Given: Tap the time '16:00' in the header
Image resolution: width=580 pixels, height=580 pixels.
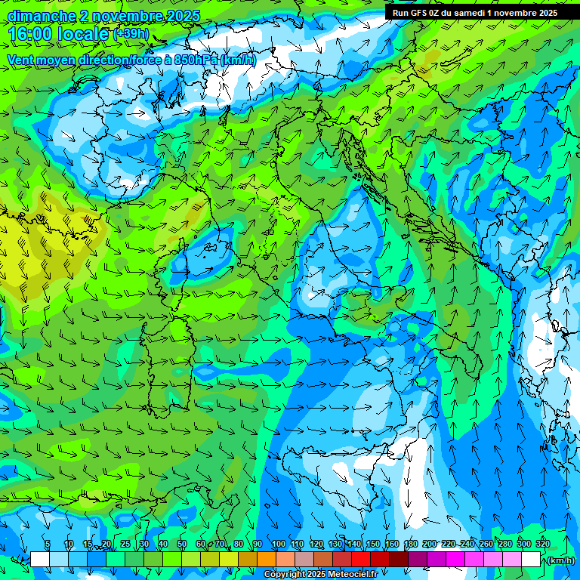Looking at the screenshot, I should tap(35, 34).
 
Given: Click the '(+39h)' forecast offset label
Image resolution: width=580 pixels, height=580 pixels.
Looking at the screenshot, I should tap(131, 34).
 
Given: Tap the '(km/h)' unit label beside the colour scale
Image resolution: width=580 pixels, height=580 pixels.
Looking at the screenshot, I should tap(560, 560).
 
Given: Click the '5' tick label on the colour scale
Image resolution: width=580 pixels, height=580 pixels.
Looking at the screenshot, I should tap(48, 545).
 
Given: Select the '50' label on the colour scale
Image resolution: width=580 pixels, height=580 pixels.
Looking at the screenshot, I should tap(182, 545).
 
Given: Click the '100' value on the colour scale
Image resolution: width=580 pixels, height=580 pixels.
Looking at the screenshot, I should tap(278, 545).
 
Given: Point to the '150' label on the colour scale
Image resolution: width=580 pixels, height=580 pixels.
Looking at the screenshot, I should tap(373, 545).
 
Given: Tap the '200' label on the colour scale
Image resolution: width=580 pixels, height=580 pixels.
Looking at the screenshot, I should tap(430, 545).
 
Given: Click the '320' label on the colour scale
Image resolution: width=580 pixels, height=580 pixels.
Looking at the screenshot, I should tap(543, 545).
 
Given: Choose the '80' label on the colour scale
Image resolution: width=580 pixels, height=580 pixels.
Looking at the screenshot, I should tap(239, 545).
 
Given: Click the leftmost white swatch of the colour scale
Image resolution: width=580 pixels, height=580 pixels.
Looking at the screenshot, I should tap(40, 560).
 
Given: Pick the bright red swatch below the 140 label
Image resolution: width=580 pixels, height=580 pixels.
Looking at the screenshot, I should tap(361, 560).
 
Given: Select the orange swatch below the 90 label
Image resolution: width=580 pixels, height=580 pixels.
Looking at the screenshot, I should tap(267, 560).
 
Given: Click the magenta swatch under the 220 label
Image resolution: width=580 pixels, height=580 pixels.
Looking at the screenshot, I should tap(455, 560).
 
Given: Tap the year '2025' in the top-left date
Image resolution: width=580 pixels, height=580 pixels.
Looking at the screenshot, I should tap(184, 16).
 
